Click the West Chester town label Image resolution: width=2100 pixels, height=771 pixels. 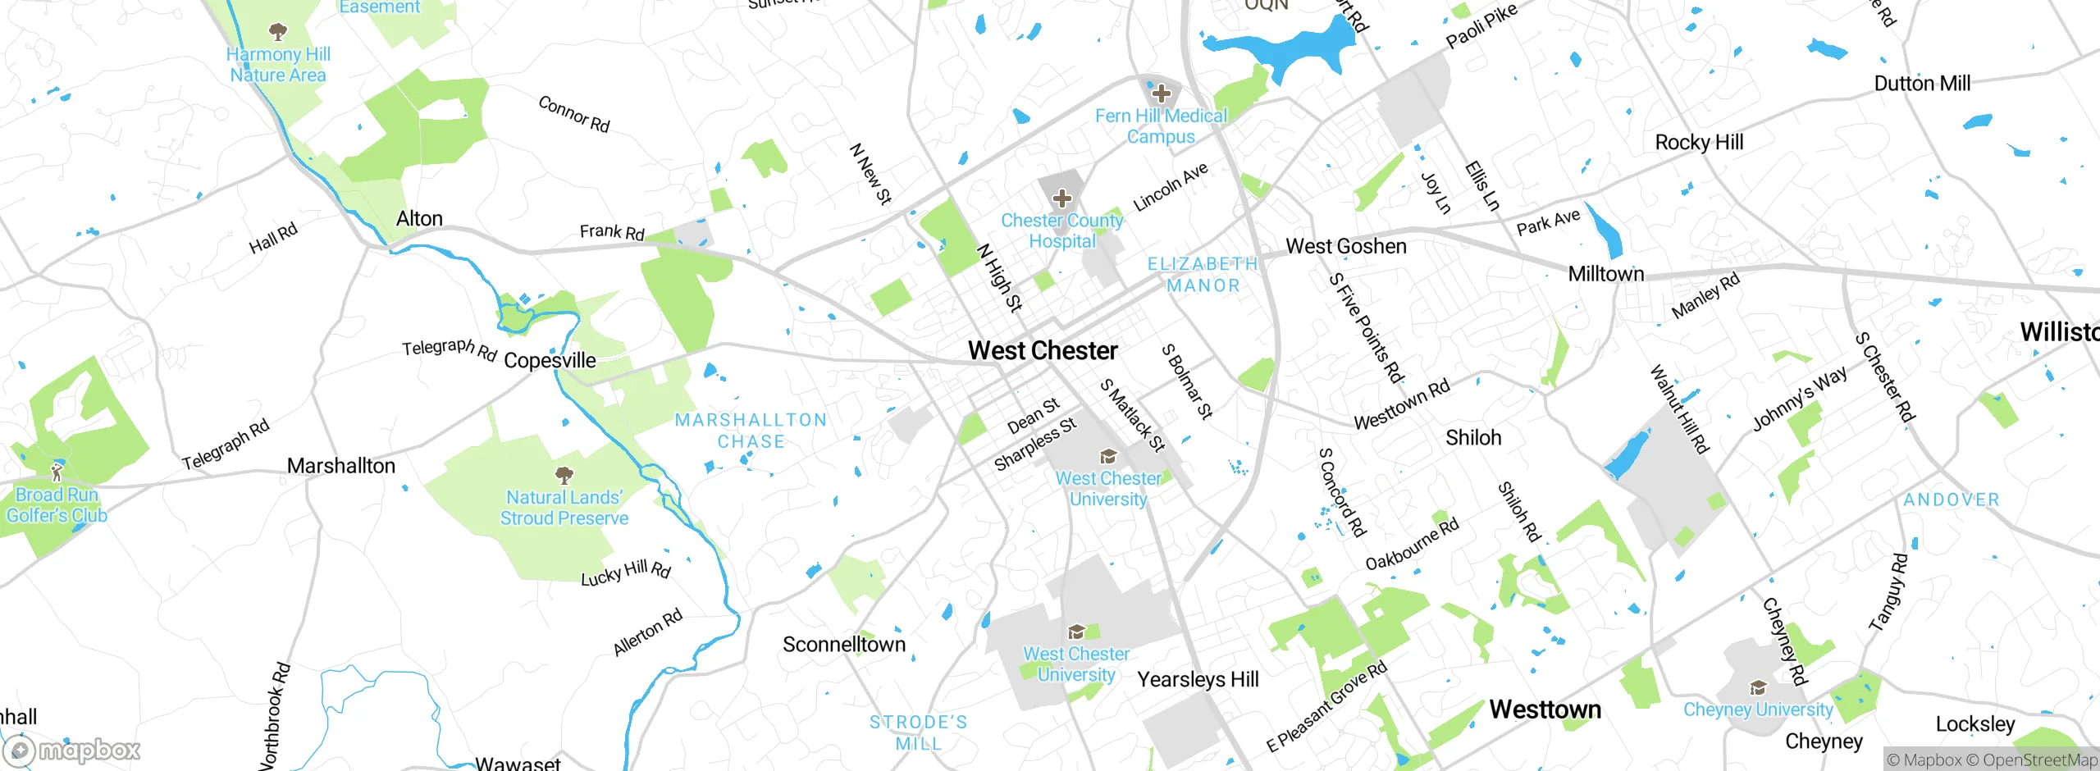click(x=1043, y=351)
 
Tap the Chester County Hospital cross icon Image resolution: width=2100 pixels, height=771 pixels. click(x=1062, y=198)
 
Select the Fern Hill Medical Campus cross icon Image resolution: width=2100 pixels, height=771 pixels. click(x=1161, y=94)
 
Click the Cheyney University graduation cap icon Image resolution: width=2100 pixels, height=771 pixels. click(x=1757, y=687)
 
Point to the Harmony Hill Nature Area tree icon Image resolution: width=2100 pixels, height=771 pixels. click(x=278, y=32)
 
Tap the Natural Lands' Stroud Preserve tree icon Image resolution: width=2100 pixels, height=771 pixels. click(x=564, y=475)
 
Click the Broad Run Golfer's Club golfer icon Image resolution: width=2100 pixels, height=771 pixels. click(x=57, y=472)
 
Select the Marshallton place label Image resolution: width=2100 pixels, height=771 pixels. click(x=341, y=466)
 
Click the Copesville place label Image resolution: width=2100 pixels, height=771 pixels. click(x=550, y=361)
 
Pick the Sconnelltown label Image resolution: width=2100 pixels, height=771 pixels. click(x=844, y=645)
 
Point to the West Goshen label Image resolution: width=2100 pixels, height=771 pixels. click(x=1346, y=246)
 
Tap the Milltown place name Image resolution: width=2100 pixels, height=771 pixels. click(x=1606, y=274)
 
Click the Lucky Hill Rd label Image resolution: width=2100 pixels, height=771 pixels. click(x=626, y=573)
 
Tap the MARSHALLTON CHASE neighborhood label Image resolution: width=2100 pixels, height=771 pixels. click(x=751, y=431)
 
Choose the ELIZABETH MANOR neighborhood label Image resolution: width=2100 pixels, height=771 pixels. click(x=1203, y=275)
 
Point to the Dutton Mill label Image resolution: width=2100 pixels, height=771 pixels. click(x=1922, y=84)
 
